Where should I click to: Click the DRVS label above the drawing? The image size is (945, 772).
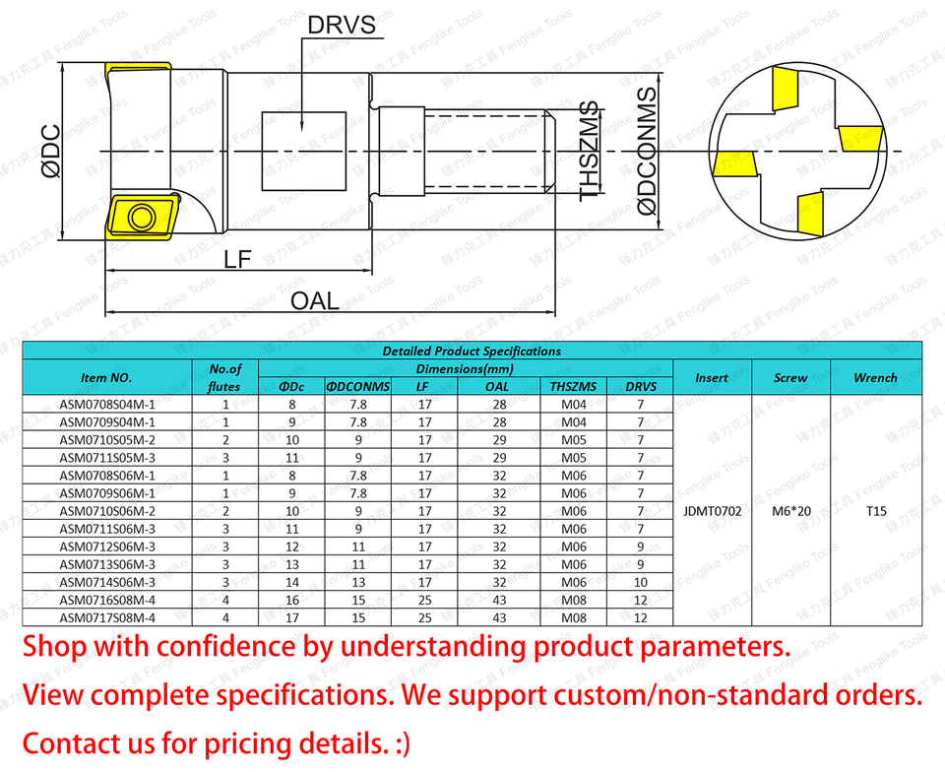(342, 25)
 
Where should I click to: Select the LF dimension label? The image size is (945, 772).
(237, 259)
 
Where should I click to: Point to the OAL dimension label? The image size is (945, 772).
(314, 300)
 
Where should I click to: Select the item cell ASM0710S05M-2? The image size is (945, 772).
(107, 439)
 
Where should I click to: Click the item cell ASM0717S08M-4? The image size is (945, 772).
(107, 617)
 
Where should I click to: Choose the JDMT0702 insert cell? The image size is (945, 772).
(712, 511)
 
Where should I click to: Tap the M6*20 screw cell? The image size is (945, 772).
(790, 511)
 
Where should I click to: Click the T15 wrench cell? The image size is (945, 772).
(876, 511)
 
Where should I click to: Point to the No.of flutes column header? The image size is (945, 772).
(224, 377)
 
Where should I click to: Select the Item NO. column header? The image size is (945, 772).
(107, 377)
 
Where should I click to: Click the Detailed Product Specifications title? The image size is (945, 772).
(472, 351)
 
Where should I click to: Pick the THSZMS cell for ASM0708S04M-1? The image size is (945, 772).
(574, 404)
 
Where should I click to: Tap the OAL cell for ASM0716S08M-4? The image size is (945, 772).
(499, 600)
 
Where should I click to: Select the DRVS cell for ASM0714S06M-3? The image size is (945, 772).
(640, 582)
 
